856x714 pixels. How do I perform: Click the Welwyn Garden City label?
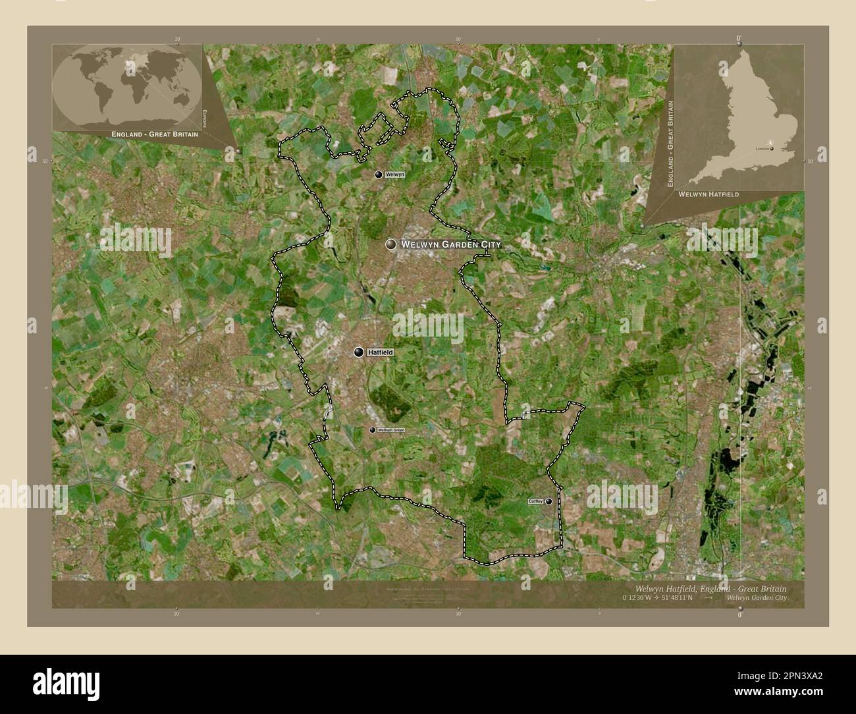[x=451, y=244]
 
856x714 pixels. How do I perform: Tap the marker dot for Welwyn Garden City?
[x=391, y=244]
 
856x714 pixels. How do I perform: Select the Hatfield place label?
[x=381, y=353]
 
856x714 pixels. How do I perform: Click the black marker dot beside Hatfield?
[x=359, y=352]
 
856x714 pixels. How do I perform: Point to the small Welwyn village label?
[x=395, y=175]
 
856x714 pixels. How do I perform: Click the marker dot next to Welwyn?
[x=379, y=175]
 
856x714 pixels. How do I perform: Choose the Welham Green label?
[x=391, y=430]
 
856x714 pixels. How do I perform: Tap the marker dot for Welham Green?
[x=372, y=430]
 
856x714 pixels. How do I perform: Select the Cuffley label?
[x=535, y=501]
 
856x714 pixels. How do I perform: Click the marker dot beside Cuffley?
[x=548, y=501]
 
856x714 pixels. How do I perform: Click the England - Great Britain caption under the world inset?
[x=155, y=134]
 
